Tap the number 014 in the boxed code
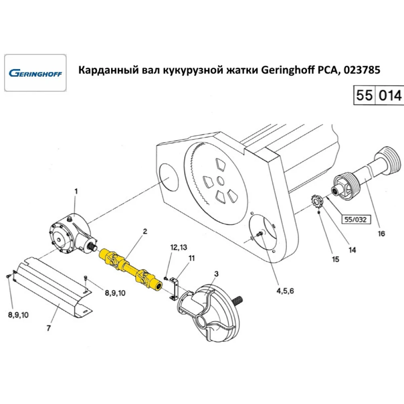pos(390,96)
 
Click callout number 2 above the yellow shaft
pos(145,231)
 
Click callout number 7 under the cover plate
pos(48,328)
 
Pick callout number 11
pos(191,257)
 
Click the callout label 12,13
pos(179,247)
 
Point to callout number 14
pos(352,250)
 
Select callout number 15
pos(336,259)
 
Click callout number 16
pos(381,234)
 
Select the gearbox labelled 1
pos(69,234)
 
